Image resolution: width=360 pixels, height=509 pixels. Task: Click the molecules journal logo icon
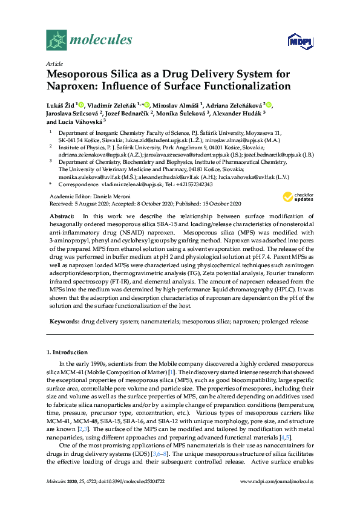point(57,41)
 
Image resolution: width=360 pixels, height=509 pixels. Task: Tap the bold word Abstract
point(62,216)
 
